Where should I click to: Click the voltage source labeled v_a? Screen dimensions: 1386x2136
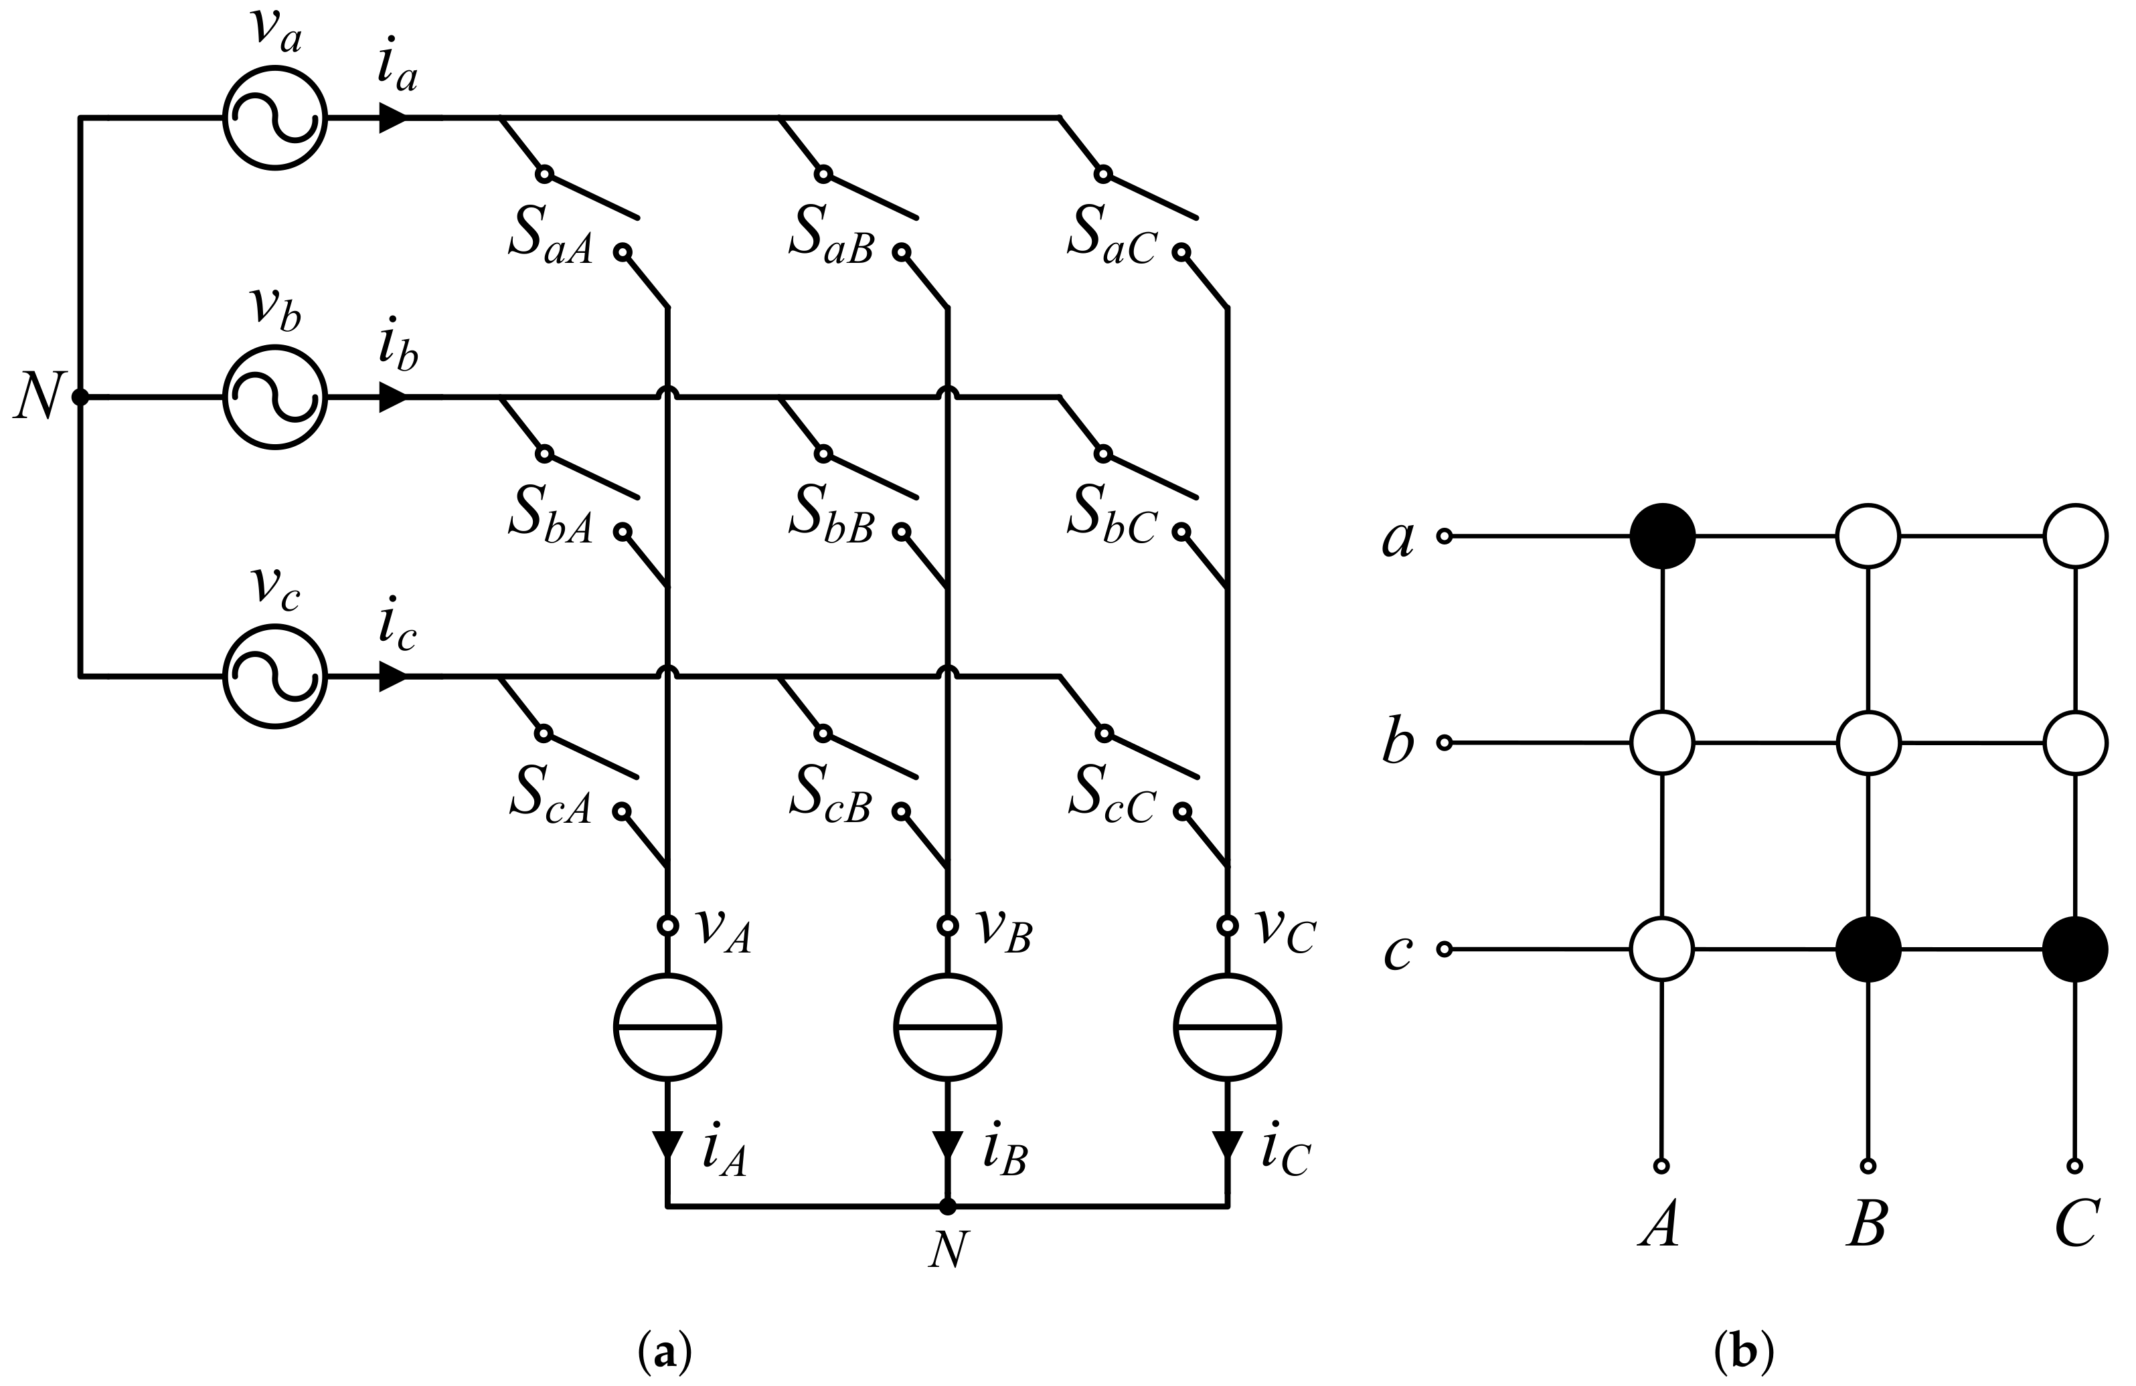(274, 118)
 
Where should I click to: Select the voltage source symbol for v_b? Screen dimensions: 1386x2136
(274, 397)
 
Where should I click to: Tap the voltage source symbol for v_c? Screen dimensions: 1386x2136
(274, 676)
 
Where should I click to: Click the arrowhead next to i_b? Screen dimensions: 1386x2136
(392, 397)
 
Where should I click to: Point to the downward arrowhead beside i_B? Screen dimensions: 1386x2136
(947, 1143)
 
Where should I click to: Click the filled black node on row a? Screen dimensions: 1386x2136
(1662, 536)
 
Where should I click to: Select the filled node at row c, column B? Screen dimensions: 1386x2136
(1868, 949)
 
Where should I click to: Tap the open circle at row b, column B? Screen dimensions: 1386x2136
(1868, 742)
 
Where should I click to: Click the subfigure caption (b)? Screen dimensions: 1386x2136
(1744, 1351)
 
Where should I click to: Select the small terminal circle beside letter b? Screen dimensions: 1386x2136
(1444, 742)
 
